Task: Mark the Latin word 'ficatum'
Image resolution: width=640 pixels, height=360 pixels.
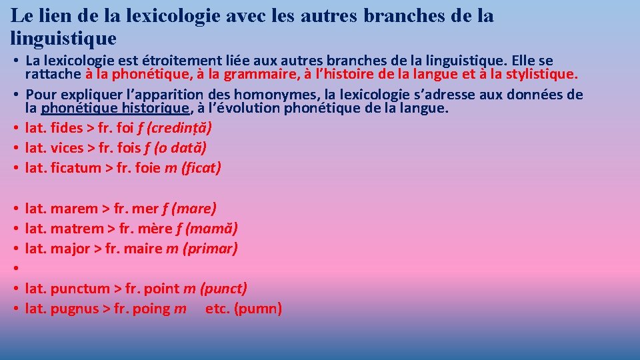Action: coord(75,168)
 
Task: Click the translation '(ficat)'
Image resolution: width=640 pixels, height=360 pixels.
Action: coord(201,168)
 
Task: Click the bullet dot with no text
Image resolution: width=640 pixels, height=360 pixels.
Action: coord(15,269)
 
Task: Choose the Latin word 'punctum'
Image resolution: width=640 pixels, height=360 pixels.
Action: coord(80,289)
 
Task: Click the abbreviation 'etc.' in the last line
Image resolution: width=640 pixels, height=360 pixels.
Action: coord(217,309)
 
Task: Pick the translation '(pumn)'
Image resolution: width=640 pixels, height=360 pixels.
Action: coord(257,309)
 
